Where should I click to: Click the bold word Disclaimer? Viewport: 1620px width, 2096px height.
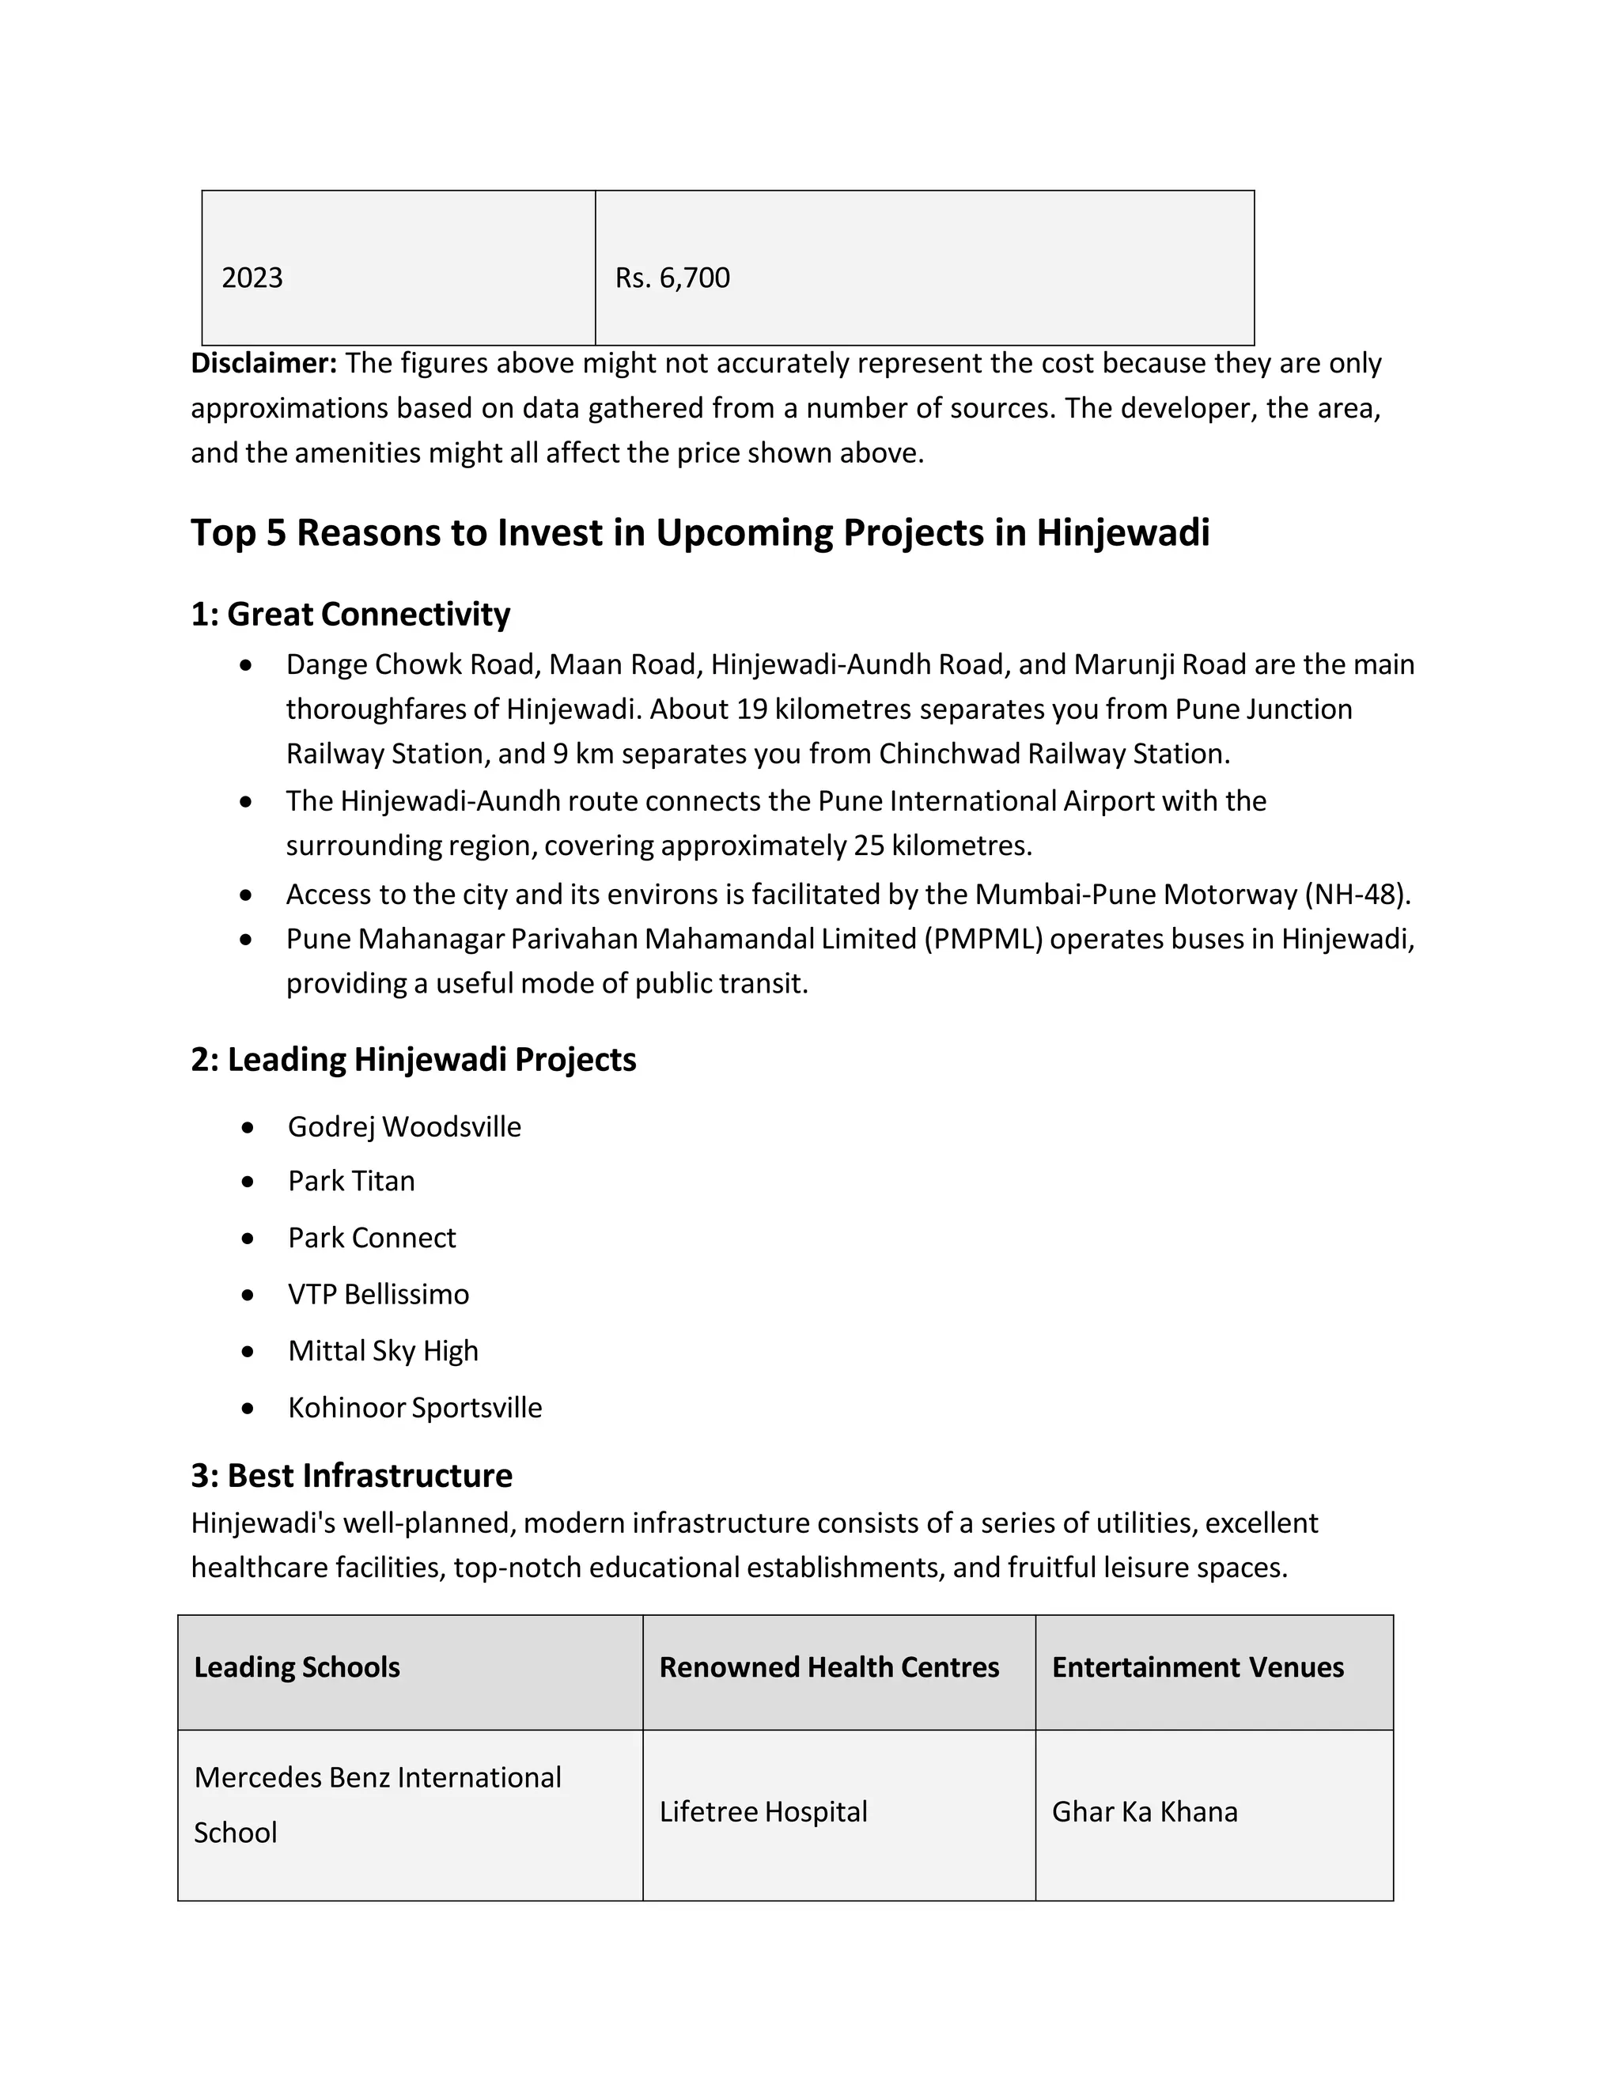pyautogui.click(x=264, y=364)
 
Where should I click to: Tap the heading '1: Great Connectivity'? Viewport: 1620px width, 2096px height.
pyautogui.click(x=350, y=615)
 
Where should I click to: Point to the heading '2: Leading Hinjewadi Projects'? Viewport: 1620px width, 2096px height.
pyautogui.click(x=413, y=1060)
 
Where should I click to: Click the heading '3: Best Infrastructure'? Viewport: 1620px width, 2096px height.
pyautogui.click(x=351, y=1476)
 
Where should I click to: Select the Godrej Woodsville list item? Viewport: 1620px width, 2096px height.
pyautogui.click(x=404, y=1126)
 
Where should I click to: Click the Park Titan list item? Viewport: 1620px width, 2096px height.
pyautogui.click(x=351, y=1182)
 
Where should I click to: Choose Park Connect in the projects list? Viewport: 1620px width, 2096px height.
pyautogui.click(x=372, y=1238)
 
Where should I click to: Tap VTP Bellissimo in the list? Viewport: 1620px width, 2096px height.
pyautogui.click(x=378, y=1295)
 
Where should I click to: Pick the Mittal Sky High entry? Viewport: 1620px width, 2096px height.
pyautogui.click(x=383, y=1351)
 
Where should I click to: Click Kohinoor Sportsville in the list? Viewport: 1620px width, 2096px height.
pyautogui.click(x=414, y=1408)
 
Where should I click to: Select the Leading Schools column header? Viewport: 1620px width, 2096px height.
pyautogui.click(x=297, y=1668)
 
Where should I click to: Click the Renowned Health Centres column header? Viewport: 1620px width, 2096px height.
pyautogui.click(x=829, y=1668)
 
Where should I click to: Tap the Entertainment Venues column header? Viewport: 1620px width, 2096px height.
pyautogui.click(x=1198, y=1668)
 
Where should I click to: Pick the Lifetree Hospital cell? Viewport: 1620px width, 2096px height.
pyautogui.click(x=763, y=1812)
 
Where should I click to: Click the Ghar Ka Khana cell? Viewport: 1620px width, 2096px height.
pyautogui.click(x=1144, y=1812)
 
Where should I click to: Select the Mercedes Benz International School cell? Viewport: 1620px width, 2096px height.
pyautogui.click(x=377, y=1805)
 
